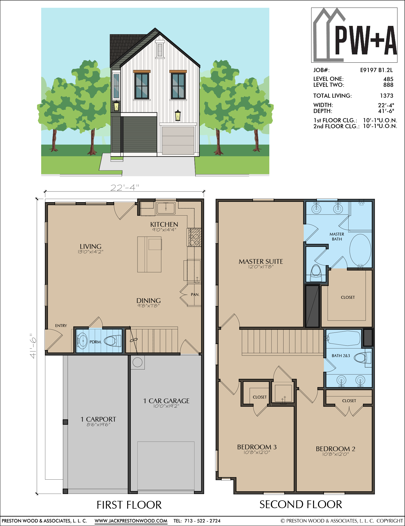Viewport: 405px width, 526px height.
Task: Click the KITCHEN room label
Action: [x=164, y=224]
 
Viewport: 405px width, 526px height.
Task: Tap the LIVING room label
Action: [x=91, y=246]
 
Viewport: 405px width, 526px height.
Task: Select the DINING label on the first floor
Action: [x=149, y=301]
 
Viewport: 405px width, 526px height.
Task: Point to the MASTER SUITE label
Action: [x=261, y=261]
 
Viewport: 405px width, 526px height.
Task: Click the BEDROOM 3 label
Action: [x=257, y=447]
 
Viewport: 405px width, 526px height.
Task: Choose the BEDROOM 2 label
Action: [x=336, y=449]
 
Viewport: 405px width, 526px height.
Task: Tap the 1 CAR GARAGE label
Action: [x=166, y=401]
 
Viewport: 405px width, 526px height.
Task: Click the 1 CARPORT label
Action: [x=98, y=419]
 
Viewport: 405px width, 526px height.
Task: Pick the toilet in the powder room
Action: [x=113, y=341]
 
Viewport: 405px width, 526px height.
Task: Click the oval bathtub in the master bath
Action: [x=360, y=250]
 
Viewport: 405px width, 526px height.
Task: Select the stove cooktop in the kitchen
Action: [x=194, y=237]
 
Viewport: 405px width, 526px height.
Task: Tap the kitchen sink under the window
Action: [x=166, y=208]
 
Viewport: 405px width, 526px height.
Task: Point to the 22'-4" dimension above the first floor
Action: [x=125, y=187]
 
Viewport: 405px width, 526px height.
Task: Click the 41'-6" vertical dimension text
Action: [x=33, y=346]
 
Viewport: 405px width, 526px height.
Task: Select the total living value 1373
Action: [x=387, y=96]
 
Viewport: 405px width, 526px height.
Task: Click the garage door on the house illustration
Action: [x=178, y=140]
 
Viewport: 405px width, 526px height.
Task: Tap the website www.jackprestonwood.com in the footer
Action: [x=131, y=521]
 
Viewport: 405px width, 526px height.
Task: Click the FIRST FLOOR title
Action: [x=129, y=505]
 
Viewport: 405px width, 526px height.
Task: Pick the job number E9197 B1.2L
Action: [x=377, y=70]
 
